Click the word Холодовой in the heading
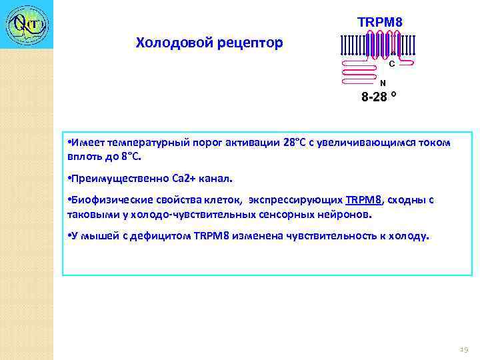click(172, 43)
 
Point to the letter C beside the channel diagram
click(391, 65)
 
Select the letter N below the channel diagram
click(382, 83)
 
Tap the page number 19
click(464, 349)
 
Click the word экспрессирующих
click(297, 199)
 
